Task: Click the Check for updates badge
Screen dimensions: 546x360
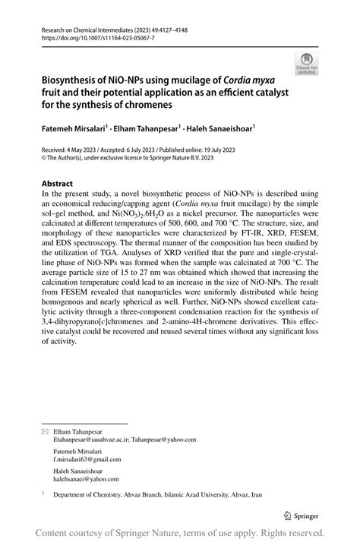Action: tap(306, 63)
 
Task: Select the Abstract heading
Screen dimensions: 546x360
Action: tap(57, 184)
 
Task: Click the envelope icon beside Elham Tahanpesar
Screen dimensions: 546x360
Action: tap(44, 431)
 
